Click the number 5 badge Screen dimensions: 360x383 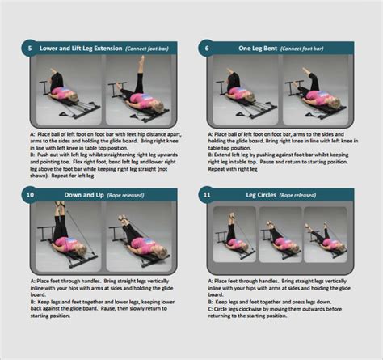pos(29,48)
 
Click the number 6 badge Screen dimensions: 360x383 pos(207,48)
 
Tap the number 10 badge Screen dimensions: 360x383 pos(29,194)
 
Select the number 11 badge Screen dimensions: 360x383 pos(207,194)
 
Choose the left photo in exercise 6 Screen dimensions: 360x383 pos(242,89)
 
